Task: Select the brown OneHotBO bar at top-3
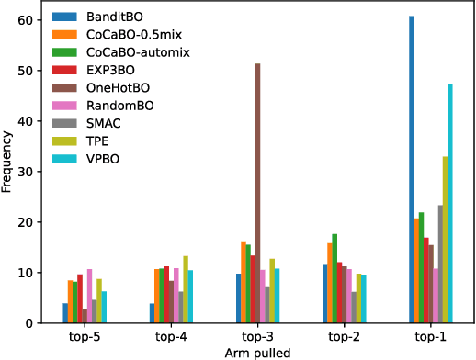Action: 257,193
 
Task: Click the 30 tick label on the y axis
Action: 26,172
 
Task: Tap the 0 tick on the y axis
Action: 29,323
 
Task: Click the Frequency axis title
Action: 7,163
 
